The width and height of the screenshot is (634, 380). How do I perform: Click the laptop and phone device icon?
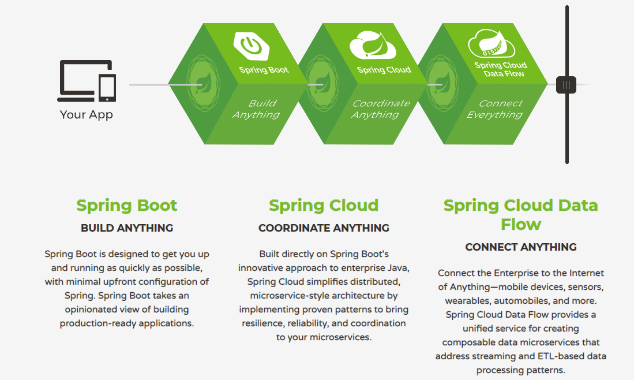coord(87,81)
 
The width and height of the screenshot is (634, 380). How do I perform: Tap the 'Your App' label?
coord(87,114)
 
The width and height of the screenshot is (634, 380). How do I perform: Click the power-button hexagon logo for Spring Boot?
coord(252,46)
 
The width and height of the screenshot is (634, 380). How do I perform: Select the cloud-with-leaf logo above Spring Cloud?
coord(373,45)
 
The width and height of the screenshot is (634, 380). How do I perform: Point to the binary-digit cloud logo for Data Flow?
coord(492,44)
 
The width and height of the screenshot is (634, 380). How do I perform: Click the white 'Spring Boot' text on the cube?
coord(264,70)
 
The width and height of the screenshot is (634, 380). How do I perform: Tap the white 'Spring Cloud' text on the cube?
coord(384,70)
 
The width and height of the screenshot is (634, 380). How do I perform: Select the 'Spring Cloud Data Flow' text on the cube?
coord(501,69)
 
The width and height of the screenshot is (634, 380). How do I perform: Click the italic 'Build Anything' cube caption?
coord(256,109)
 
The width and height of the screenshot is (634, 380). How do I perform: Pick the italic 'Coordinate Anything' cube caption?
coord(381,109)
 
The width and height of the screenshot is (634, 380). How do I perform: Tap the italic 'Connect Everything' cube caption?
coord(495,109)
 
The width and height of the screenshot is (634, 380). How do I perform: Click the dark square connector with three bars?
coord(566,85)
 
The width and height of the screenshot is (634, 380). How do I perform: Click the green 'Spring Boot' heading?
coord(127,206)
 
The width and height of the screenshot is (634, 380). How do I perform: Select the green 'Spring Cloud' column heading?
coord(324,206)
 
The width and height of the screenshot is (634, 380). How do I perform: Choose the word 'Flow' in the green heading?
coord(521,224)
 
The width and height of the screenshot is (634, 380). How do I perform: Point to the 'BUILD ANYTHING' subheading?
coord(127,228)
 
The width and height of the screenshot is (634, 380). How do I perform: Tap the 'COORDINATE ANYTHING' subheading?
coord(324,228)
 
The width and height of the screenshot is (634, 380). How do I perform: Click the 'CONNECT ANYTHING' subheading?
coord(521,247)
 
